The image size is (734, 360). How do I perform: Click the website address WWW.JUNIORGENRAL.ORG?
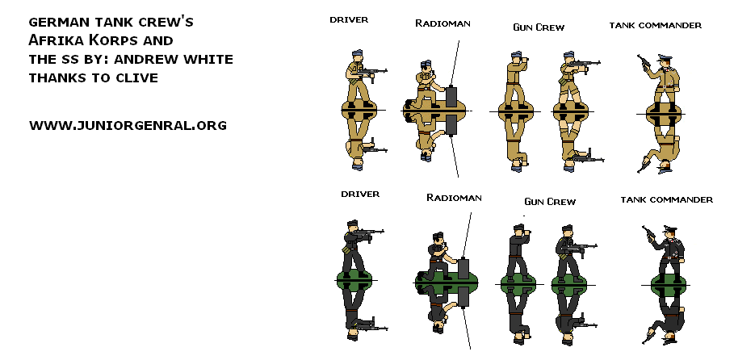point(128,125)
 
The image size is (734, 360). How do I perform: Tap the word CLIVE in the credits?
point(135,78)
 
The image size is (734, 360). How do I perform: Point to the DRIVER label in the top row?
point(349,19)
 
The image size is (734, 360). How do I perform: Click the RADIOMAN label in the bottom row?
point(453,198)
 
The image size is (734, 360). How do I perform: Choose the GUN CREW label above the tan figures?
point(538,27)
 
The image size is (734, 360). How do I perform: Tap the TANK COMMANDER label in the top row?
point(655,25)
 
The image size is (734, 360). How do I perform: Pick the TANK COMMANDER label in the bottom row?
point(666,199)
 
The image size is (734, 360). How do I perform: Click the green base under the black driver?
point(356,280)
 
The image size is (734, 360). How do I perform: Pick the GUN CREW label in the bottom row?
point(549,201)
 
